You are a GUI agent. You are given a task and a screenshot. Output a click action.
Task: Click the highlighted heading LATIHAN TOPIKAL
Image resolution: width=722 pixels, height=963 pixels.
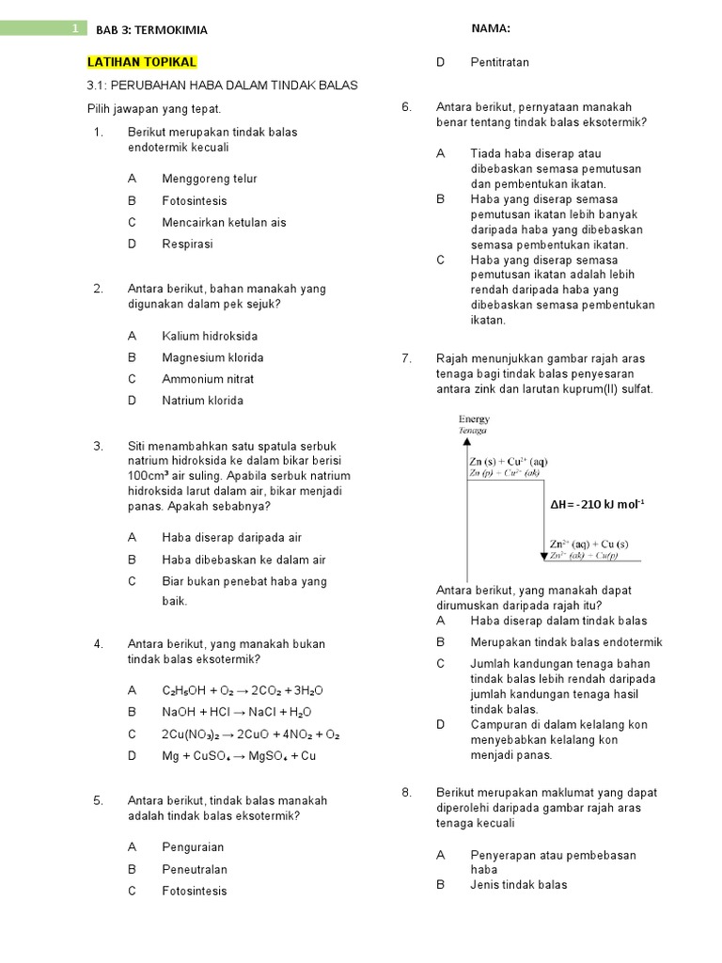point(142,62)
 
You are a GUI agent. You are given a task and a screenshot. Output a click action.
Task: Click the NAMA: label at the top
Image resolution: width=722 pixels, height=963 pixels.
point(491,29)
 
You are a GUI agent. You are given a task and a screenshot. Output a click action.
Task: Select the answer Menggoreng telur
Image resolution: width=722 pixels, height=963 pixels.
point(209,179)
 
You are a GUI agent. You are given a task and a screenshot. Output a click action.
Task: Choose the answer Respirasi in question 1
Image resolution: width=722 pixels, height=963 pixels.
point(187,244)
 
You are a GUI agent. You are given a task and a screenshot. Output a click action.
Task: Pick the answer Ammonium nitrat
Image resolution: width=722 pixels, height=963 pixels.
point(208,379)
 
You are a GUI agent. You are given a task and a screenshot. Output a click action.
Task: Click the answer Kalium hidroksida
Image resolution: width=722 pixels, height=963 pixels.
point(210,336)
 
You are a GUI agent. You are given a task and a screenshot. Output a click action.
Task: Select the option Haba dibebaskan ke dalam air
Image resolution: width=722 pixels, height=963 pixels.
point(243,560)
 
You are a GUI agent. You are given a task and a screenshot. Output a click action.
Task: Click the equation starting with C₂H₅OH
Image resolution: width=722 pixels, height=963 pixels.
point(243,690)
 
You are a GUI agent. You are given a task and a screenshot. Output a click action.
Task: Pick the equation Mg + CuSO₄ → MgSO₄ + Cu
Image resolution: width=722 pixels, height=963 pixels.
point(239,755)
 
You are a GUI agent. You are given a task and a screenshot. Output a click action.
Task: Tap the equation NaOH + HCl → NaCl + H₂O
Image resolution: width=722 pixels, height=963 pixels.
point(236,712)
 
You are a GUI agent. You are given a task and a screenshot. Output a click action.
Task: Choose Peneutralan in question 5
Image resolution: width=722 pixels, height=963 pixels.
point(195,869)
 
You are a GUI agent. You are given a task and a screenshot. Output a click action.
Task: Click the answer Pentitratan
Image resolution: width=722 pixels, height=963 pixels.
point(499,62)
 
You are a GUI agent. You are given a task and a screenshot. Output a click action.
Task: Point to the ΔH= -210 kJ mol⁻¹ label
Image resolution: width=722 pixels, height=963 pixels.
point(597,504)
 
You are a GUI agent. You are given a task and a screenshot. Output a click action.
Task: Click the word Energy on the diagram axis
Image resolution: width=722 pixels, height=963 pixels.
point(474,419)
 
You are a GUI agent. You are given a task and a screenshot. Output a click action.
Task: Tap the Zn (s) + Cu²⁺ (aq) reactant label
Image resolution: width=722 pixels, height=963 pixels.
point(508,462)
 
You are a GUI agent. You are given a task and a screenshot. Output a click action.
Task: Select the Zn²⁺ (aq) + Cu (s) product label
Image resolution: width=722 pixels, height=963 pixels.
point(589,544)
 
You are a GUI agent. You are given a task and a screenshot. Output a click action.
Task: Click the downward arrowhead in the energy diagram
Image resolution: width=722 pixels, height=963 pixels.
point(543,556)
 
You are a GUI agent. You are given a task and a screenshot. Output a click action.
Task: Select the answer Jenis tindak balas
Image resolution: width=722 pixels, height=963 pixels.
point(519,884)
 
